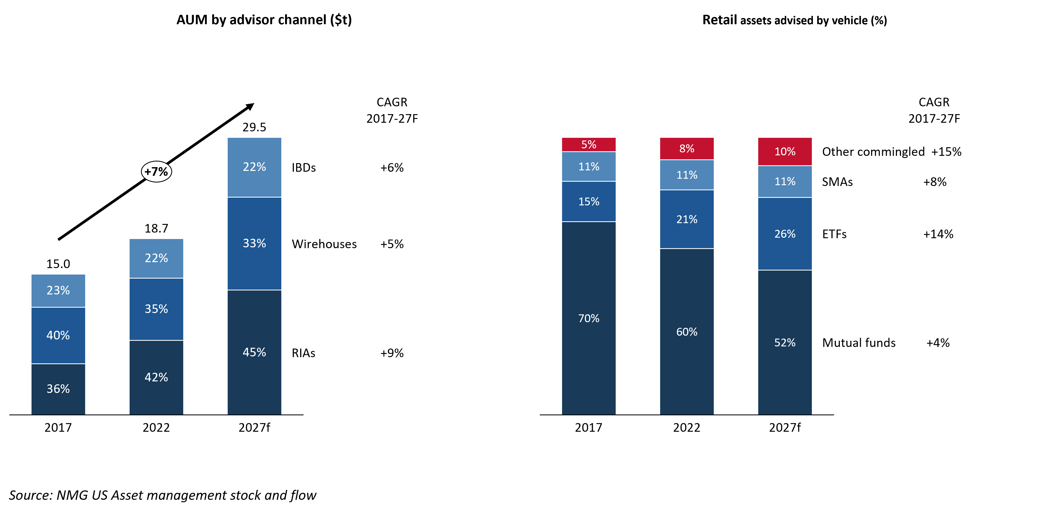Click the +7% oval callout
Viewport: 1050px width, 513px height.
pyautogui.click(x=157, y=171)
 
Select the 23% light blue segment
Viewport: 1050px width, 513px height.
pyautogui.click(x=58, y=290)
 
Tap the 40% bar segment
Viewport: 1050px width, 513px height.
pyautogui.click(x=58, y=335)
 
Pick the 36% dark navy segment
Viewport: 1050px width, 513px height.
pyautogui.click(x=58, y=389)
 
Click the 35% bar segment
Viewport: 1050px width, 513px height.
pyautogui.click(x=157, y=309)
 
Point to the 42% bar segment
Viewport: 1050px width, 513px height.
pyautogui.click(x=157, y=377)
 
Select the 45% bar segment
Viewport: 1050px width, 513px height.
pyautogui.click(x=254, y=352)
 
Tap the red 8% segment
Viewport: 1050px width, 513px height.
pyautogui.click(x=687, y=149)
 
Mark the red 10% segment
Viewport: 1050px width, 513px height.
pyautogui.click(x=785, y=152)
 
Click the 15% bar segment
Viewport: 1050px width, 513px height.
pyautogui.click(x=588, y=202)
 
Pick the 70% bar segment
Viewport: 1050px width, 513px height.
pyautogui.click(x=588, y=318)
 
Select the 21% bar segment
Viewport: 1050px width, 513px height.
pyautogui.click(x=687, y=219)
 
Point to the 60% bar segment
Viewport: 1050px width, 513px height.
pyautogui.click(x=687, y=331)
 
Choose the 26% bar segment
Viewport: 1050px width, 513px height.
pyautogui.click(x=785, y=234)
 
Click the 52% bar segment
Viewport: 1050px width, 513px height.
pyautogui.click(x=785, y=342)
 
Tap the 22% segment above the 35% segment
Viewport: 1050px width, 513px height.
pyautogui.click(x=157, y=258)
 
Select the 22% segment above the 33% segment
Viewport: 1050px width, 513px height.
pyautogui.click(x=254, y=167)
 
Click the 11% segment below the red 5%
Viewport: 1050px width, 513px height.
pyautogui.click(x=588, y=167)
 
